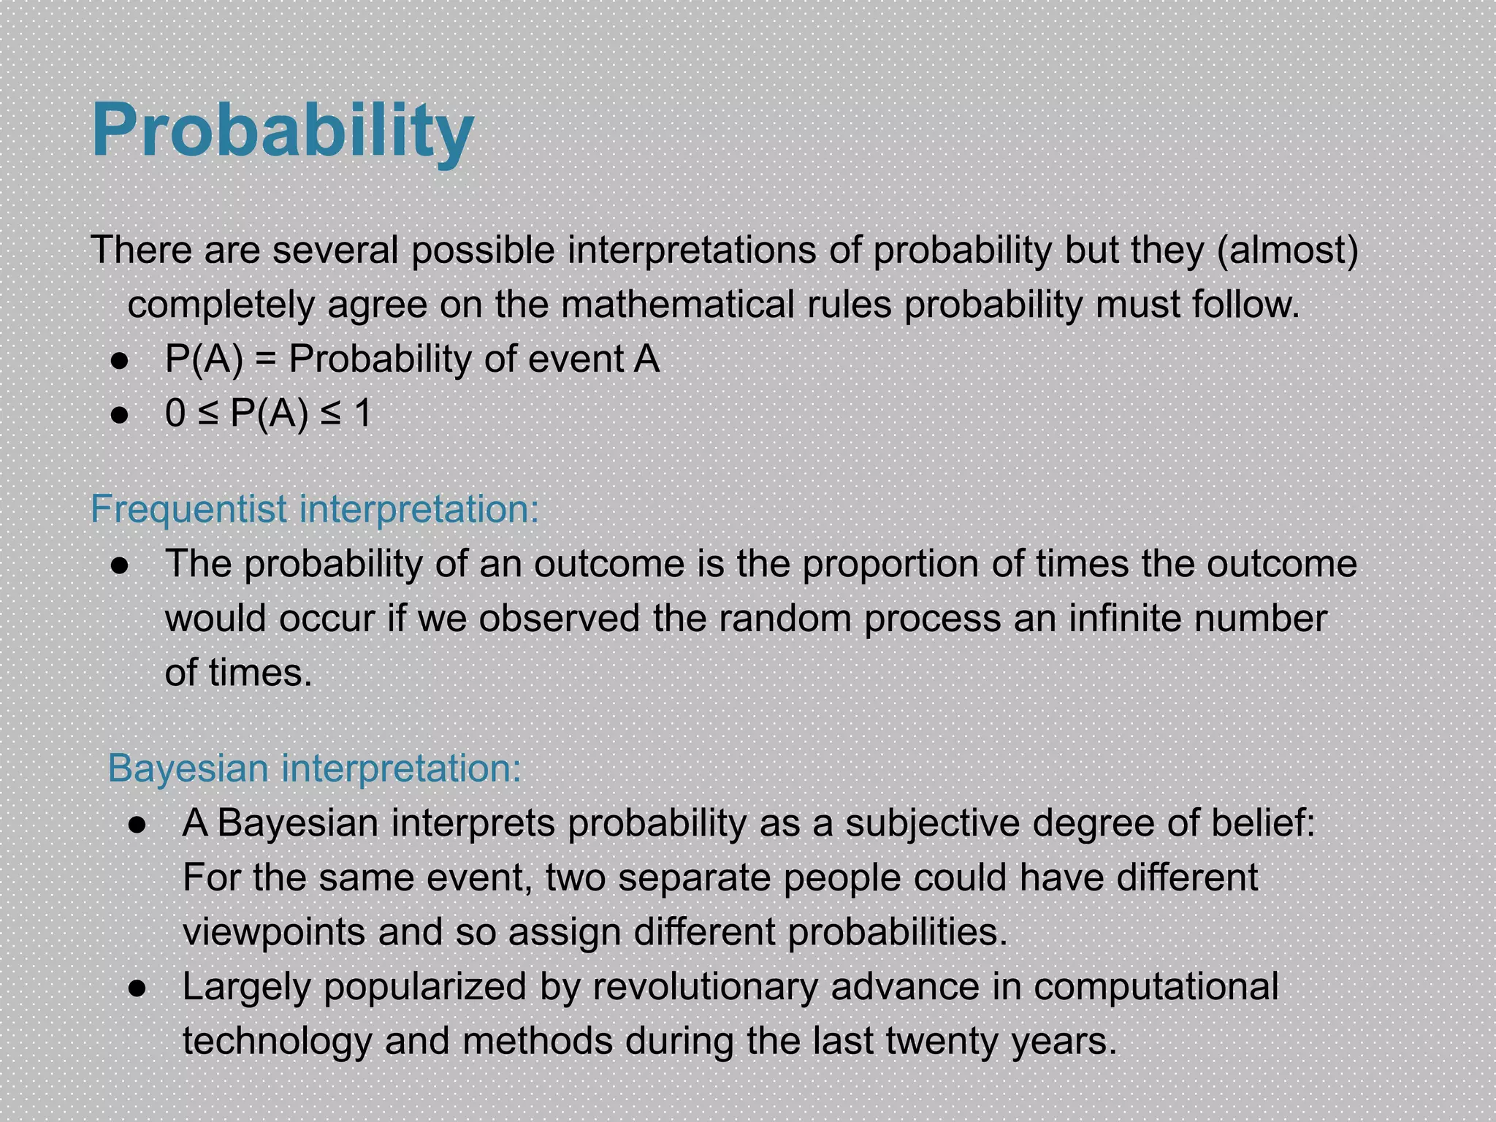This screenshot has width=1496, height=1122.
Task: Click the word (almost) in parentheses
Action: (1287, 250)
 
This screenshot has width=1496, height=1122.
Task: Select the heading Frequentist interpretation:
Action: (314, 509)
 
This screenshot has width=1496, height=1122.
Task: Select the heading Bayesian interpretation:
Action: (314, 768)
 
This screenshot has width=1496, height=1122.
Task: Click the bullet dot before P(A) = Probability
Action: (120, 361)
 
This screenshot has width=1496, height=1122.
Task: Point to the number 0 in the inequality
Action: (175, 414)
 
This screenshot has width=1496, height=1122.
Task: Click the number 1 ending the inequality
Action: (362, 414)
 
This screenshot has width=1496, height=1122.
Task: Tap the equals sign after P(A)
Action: (266, 360)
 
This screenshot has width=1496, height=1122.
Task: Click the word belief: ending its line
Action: (1263, 823)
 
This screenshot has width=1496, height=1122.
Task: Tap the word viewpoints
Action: (274, 933)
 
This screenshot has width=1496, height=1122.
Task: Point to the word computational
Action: (1156, 987)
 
